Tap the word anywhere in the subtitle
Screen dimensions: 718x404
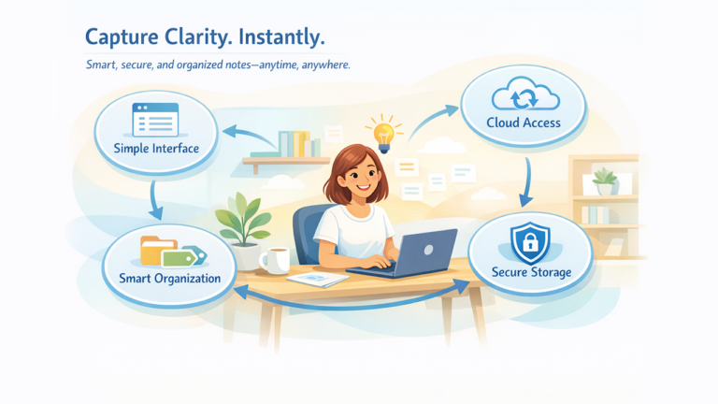point(325,65)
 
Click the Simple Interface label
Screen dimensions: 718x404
point(156,149)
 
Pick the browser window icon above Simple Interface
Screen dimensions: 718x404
point(155,120)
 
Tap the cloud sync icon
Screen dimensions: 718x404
point(525,94)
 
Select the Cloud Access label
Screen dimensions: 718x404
point(524,123)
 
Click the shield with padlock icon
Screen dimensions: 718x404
point(530,242)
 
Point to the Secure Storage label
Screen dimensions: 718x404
point(531,272)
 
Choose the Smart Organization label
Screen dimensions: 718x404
point(170,279)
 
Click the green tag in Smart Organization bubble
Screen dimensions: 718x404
point(179,258)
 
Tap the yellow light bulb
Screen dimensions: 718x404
point(383,136)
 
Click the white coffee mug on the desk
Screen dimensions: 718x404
point(275,261)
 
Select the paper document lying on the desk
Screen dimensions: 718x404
point(318,279)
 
